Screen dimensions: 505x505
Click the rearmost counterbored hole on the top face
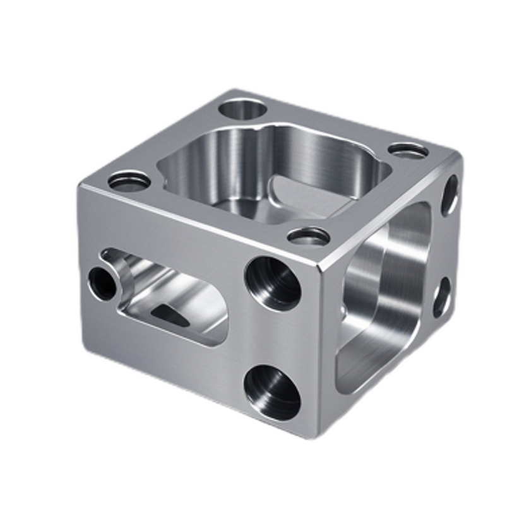(x=243, y=109)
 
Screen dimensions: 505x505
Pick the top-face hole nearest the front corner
(x=309, y=237)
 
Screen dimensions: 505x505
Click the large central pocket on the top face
(x=271, y=170)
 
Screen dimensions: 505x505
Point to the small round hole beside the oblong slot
(x=102, y=283)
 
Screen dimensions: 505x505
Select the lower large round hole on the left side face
(x=272, y=392)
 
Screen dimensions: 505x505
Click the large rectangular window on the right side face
(x=385, y=297)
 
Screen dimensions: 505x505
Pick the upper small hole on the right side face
(x=449, y=195)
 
